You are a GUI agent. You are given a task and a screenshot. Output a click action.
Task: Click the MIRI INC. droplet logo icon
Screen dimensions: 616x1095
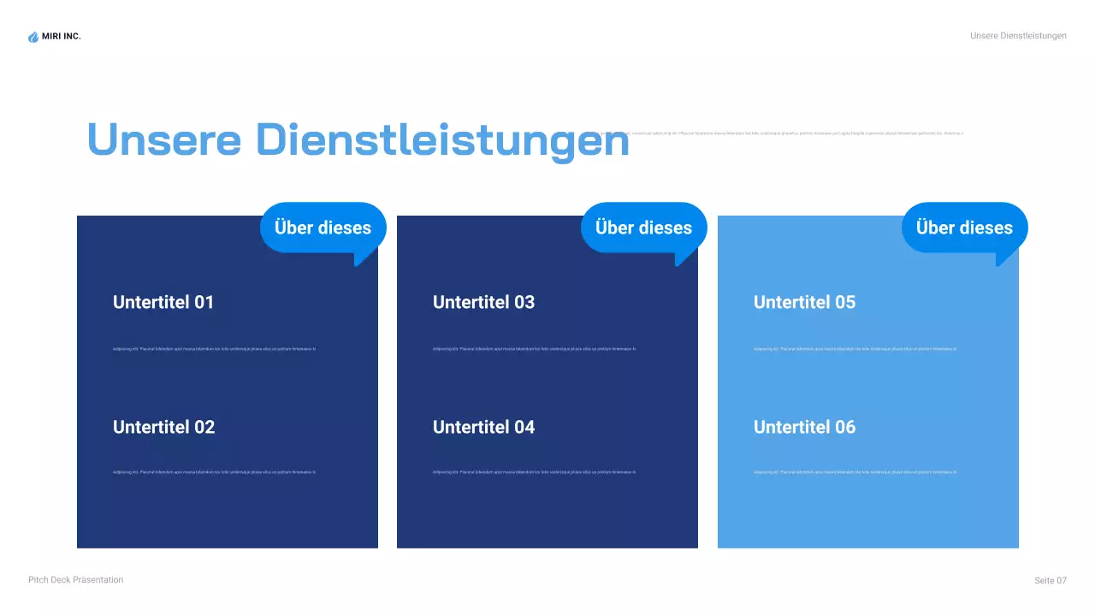coord(33,37)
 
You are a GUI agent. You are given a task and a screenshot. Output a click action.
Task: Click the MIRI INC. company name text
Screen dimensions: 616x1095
coord(62,36)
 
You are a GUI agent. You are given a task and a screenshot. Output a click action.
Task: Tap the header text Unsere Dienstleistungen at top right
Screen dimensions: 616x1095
coord(1018,36)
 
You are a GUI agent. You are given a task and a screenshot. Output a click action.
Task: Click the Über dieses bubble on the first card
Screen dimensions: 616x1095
coord(323,228)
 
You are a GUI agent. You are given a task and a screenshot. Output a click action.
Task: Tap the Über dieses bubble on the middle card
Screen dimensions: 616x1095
coord(643,228)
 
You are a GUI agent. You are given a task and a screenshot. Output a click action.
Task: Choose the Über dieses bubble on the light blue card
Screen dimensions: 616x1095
coord(964,228)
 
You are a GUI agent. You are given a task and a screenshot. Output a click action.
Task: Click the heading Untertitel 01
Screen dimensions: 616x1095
coord(163,302)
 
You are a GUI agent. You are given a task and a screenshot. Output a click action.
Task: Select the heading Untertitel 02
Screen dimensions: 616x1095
coord(163,427)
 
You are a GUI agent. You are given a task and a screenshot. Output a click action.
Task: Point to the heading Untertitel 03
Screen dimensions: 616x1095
coord(483,302)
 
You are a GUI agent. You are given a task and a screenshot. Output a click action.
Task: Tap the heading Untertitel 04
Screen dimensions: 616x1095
coord(483,427)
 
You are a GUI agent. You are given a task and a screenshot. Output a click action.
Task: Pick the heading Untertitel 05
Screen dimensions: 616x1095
coord(804,302)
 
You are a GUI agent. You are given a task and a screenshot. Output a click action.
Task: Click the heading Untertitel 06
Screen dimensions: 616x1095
coord(804,427)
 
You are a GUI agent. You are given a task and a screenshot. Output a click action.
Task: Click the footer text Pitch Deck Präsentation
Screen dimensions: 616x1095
coord(75,580)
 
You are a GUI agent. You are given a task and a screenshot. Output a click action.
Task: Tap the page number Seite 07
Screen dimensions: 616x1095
coord(1051,581)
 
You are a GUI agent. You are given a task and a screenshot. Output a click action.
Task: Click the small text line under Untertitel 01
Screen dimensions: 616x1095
coord(214,349)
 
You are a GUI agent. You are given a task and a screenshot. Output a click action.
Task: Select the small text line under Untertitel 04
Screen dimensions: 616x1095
coord(534,472)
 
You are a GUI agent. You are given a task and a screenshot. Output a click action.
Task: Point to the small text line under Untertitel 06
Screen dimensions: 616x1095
coord(855,472)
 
